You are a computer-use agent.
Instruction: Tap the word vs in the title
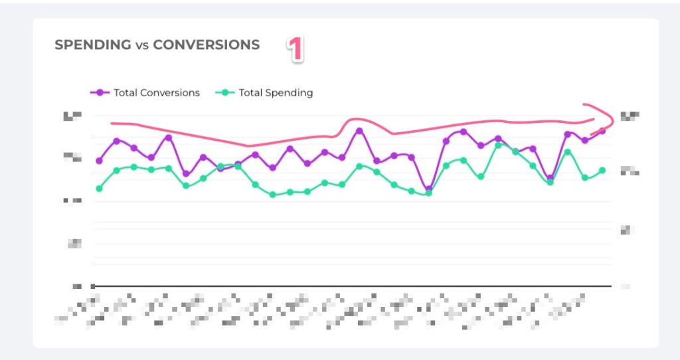point(141,46)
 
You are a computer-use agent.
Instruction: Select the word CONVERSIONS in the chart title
point(206,45)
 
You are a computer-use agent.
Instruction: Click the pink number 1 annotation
point(296,49)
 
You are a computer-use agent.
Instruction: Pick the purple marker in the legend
point(101,93)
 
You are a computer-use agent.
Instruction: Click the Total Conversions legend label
point(157,93)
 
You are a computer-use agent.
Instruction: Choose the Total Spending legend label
point(276,93)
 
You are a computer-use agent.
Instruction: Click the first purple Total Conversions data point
point(100,161)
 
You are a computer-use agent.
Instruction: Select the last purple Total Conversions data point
point(602,131)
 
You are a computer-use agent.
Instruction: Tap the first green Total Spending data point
point(100,189)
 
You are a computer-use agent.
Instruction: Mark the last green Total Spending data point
point(602,171)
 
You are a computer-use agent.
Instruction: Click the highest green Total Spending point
point(499,145)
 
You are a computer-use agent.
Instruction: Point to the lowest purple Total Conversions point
point(429,190)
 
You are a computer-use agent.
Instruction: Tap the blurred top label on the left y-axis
point(72,116)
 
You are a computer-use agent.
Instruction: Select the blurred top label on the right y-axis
point(628,116)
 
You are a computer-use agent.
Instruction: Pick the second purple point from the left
point(117,141)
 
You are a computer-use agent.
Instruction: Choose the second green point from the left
point(117,171)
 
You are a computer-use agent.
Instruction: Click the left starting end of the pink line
point(112,123)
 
